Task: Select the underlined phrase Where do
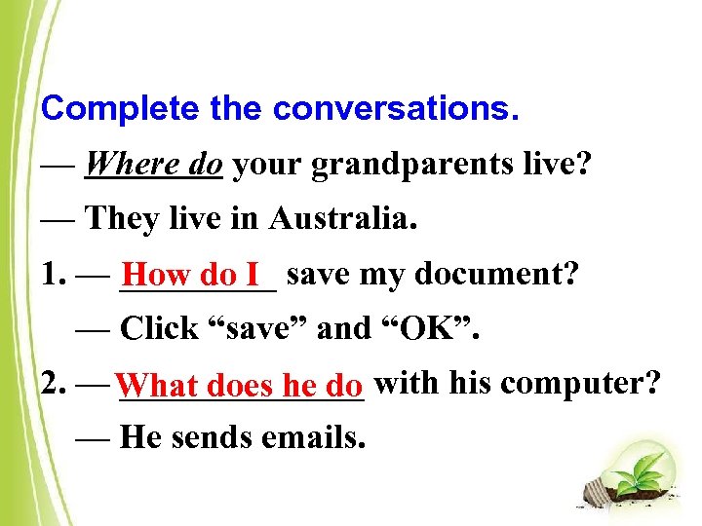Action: click(154, 165)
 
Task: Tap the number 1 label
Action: click(52, 276)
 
